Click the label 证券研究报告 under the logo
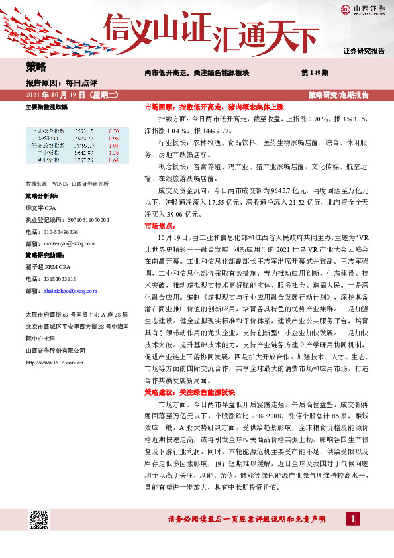pyautogui.click(x=364, y=50)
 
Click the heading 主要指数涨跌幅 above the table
pyautogui.click(x=46, y=107)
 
